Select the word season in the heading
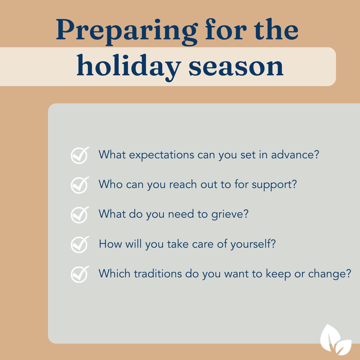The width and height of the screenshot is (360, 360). point(235,67)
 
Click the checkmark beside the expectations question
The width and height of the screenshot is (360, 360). point(80,155)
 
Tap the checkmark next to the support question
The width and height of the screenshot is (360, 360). point(80,185)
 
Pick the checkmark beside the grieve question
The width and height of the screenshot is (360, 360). point(80,214)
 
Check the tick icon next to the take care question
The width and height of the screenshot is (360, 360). point(80,244)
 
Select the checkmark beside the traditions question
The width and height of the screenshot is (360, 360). point(80,274)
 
